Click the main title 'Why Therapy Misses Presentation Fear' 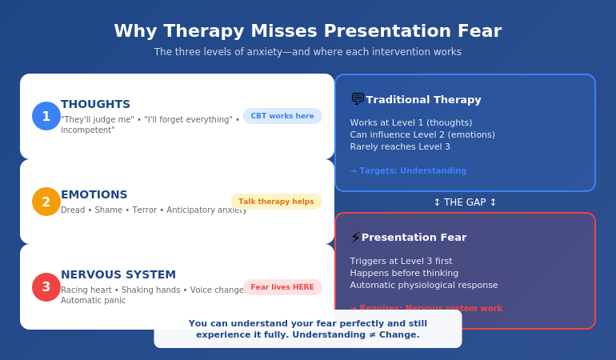pyautogui.click(x=307, y=31)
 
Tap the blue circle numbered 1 pyautogui.click(x=46, y=116)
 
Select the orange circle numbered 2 pyautogui.click(x=46, y=202)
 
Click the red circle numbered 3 pyautogui.click(x=46, y=287)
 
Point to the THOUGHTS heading pyautogui.click(x=95, y=104)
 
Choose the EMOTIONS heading pyautogui.click(x=94, y=194)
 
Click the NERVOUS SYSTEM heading pyautogui.click(x=118, y=274)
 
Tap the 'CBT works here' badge pyautogui.click(x=282, y=116)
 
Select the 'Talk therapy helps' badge pyautogui.click(x=276, y=202)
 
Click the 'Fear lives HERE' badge pyautogui.click(x=282, y=287)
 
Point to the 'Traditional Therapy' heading pyautogui.click(x=423, y=100)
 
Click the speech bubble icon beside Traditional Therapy pyautogui.click(x=358, y=99)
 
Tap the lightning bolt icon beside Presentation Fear pyautogui.click(x=355, y=238)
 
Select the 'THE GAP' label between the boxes pyautogui.click(x=465, y=202)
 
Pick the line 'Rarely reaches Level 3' pyautogui.click(x=400, y=146)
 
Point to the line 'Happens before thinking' pyautogui.click(x=404, y=273)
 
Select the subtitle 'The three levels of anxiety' pyautogui.click(x=232, y=52)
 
